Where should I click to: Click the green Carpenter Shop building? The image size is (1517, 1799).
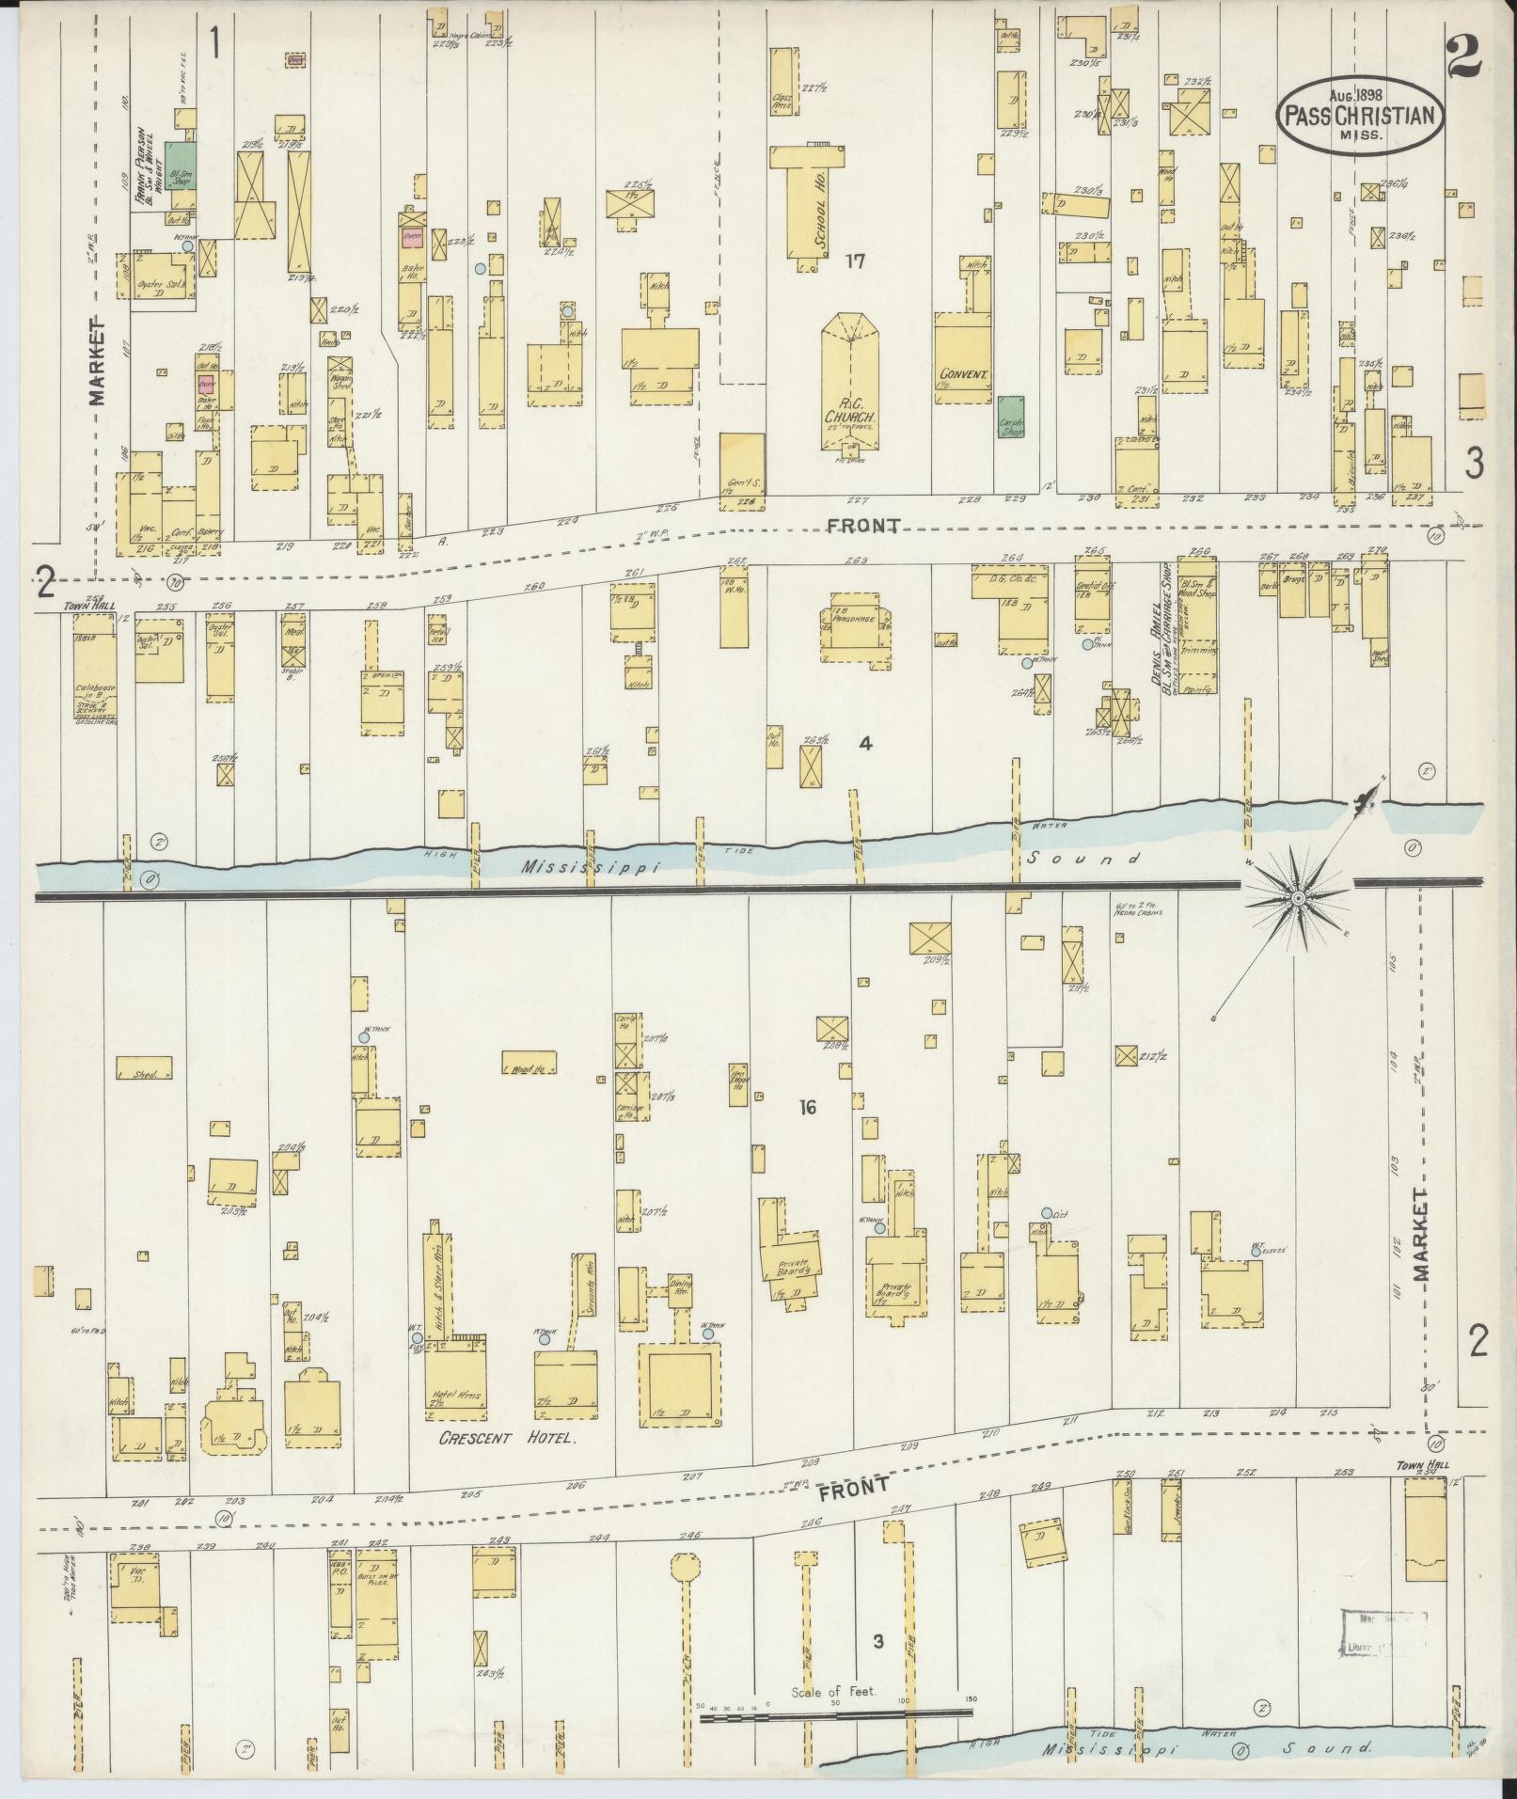click(1011, 417)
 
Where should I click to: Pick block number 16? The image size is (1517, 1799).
click(807, 1108)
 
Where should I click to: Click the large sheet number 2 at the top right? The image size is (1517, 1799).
click(1463, 58)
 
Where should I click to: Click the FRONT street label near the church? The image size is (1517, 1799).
click(863, 526)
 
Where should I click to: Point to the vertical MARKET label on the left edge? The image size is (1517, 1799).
click(98, 361)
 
